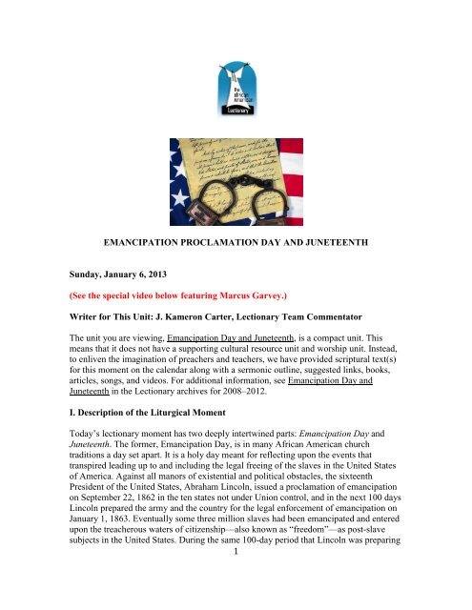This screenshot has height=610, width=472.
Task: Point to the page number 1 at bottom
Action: pos(236,602)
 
